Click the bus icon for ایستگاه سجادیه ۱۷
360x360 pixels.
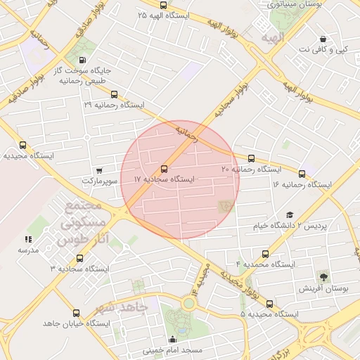pos(164,169)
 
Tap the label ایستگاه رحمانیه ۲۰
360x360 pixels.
pos(251,169)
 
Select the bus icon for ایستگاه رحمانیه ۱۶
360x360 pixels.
pos(302,174)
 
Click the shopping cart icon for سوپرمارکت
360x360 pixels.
pos(98,170)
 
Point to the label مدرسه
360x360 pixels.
pos(28,250)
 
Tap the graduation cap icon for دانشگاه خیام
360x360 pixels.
pos(290,215)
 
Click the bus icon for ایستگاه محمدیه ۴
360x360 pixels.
pos(265,254)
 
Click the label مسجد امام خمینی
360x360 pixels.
pos(173,349)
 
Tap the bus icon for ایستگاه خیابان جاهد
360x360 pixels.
pos(76,313)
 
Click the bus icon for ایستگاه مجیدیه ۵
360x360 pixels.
pos(269,304)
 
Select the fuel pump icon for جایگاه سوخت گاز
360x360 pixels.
pos(84,60)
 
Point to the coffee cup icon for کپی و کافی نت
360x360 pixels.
pos(323,39)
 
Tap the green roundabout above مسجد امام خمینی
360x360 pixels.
pos(188,304)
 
